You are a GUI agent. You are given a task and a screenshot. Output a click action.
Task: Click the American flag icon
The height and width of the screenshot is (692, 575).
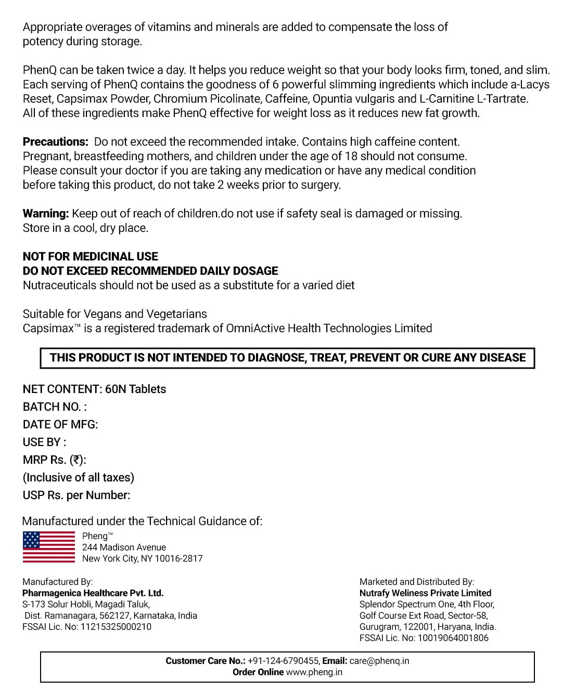pyautogui.click(x=49, y=547)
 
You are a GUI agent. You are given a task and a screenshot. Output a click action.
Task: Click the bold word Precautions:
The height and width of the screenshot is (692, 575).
pyautogui.click(x=55, y=142)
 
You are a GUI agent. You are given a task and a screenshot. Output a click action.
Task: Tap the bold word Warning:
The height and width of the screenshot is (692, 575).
pyautogui.click(x=46, y=214)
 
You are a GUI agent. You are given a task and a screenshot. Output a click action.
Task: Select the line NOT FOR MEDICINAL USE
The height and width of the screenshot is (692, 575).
pyautogui.click(x=91, y=256)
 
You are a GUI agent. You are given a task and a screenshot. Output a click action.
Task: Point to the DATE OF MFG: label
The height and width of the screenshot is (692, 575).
pyautogui.click(x=60, y=425)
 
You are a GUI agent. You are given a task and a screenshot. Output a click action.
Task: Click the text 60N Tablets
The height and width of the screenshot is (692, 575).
pyautogui.click(x=135, y=389)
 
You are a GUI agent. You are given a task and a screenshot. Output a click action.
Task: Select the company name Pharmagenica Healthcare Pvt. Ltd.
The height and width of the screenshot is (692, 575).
pyautogui.click(x=93, y=593)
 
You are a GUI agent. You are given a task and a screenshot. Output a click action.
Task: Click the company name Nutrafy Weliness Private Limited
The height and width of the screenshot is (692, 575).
pyautogui.click(x=425, y=593)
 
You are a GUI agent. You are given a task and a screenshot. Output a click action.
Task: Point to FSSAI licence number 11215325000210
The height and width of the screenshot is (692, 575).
pyautogui.click(x=116, y=627)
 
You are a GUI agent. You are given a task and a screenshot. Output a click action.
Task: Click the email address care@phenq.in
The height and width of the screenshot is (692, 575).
pyautogui.click(x=379, y=661)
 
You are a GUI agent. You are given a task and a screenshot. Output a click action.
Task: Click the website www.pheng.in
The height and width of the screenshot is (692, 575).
pyautogui.click(x=314, y=672)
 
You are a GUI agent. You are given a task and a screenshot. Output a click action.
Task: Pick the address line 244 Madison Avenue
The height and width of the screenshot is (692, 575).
pyautogui.click(x=124, y=547)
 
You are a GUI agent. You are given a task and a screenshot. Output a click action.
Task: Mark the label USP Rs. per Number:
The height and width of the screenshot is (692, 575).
pyautogui.click(x=76, y=495)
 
